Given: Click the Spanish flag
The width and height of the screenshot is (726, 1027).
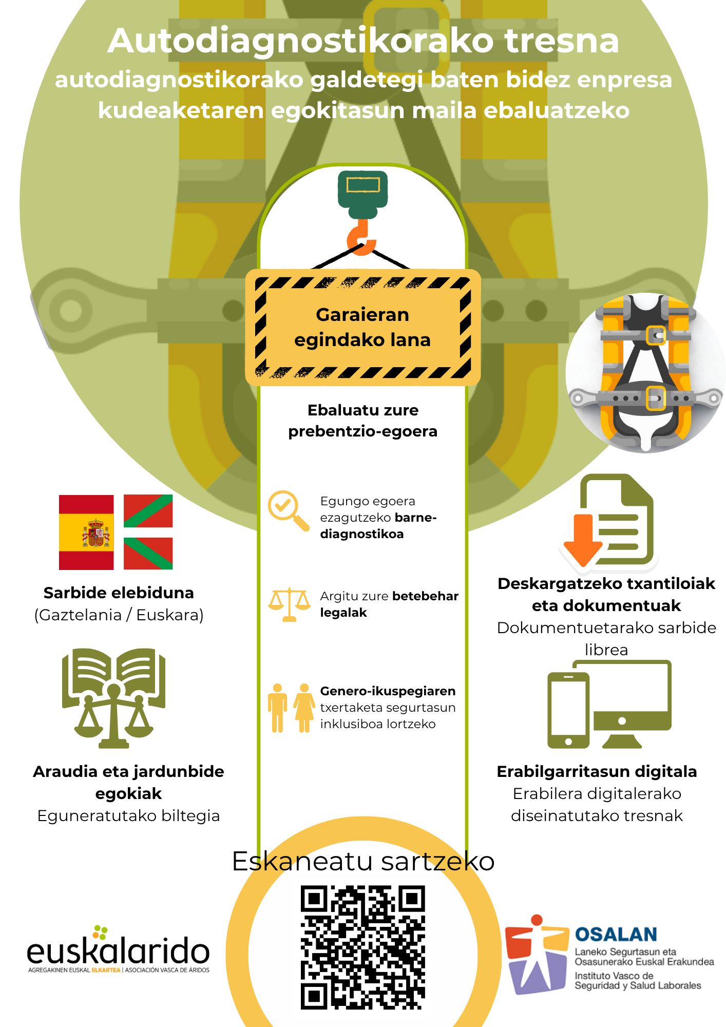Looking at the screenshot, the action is [86, 532].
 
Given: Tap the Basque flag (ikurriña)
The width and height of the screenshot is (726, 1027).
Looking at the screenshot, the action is [148, 532].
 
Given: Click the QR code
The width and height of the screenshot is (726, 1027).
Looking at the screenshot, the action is [363, 947].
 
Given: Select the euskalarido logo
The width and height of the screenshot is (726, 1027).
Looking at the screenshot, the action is [119, 950].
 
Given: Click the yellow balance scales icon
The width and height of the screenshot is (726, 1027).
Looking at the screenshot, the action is [290, 604].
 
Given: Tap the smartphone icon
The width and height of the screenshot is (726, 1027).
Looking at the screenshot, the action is [568, 710].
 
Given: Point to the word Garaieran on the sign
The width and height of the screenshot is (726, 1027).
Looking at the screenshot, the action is [362, 314].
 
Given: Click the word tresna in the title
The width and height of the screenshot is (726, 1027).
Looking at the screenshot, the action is [562, 41].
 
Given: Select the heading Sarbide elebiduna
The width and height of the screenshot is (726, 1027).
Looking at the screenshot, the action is [119, 593].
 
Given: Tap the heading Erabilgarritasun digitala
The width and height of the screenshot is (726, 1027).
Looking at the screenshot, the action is [597, 771].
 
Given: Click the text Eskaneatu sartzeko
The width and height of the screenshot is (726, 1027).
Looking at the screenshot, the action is [363, 861].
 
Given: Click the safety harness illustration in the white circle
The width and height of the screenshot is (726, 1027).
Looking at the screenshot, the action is [645, 373].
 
